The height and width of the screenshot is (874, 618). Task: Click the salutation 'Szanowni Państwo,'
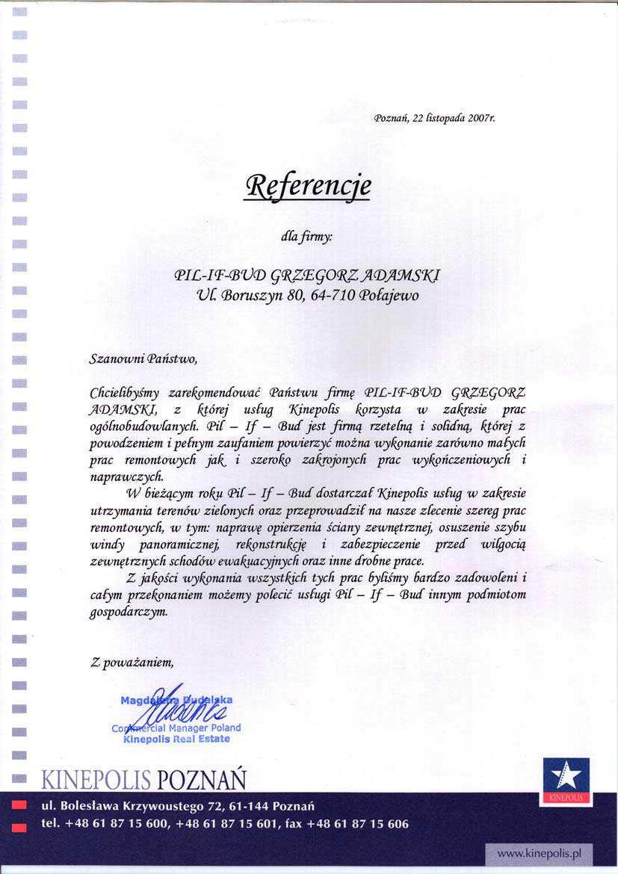click(143, 359)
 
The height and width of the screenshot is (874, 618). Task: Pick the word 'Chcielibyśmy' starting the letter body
click(124, 391)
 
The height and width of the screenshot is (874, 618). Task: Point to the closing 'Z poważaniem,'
click(132, 661)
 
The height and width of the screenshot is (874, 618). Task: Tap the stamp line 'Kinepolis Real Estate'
click(176, 739)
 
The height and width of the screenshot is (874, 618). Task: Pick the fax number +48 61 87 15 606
click(358, 824)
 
